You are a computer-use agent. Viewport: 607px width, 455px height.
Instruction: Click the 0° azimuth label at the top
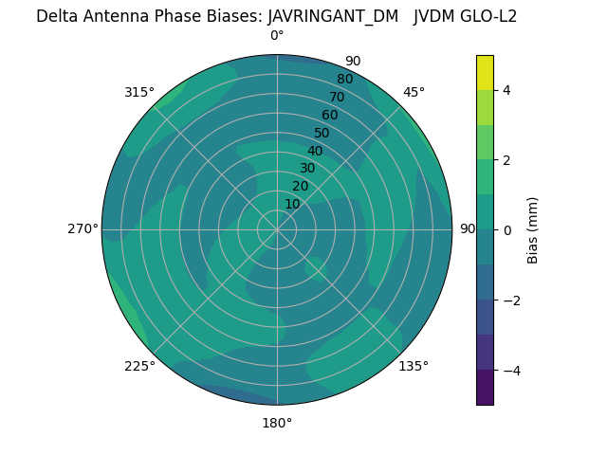277,36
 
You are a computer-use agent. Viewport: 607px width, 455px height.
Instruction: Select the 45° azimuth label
414,92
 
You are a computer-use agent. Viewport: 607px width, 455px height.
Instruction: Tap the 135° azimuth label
414,366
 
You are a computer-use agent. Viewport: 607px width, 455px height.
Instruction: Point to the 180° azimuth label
277,423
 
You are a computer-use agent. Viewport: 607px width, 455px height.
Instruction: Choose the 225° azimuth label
139,366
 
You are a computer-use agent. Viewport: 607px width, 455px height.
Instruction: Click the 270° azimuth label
83,228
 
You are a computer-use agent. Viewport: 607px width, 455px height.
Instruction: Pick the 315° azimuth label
139,92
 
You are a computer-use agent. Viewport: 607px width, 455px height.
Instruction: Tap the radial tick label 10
292,204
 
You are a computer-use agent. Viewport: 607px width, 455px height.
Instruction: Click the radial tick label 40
315,151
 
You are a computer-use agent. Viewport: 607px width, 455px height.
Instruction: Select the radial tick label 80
344,80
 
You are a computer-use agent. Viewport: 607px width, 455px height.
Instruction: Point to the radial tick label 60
329,115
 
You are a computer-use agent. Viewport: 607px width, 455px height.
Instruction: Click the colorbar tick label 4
506,90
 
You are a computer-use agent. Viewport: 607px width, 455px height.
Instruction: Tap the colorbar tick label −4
510,370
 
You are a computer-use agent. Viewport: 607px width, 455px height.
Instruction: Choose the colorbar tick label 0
506,229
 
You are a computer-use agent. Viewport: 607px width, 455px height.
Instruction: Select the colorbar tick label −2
510,300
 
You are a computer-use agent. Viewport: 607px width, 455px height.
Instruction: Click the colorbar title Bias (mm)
533,229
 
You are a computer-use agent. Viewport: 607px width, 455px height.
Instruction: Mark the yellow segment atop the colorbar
485,73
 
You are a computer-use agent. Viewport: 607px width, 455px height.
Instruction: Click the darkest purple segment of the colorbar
485,387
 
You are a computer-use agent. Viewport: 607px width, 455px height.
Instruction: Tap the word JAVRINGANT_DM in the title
333,16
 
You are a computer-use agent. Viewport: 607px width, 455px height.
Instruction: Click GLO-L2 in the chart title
485,16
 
